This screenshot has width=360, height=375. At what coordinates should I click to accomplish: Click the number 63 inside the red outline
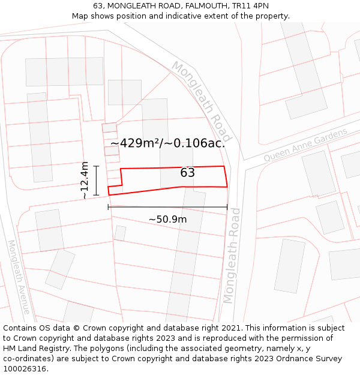coord(187,173)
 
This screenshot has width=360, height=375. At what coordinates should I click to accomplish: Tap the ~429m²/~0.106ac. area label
coord(168,143)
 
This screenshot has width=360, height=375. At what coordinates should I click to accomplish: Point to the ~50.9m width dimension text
coord(167,220)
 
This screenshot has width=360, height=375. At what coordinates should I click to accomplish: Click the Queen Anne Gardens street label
coord(305,145)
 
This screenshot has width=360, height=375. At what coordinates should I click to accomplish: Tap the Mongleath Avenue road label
coord(18,277)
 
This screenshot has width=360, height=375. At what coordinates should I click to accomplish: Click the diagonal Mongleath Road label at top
coord(201,100)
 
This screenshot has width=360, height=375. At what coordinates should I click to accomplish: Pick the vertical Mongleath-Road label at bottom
coord(232,256)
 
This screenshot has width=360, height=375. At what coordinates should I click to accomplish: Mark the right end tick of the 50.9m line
coord(227,207)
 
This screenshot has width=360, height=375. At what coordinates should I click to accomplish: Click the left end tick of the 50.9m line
coord(109,207)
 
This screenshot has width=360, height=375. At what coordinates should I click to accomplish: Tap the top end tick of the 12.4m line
coord(96,166)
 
